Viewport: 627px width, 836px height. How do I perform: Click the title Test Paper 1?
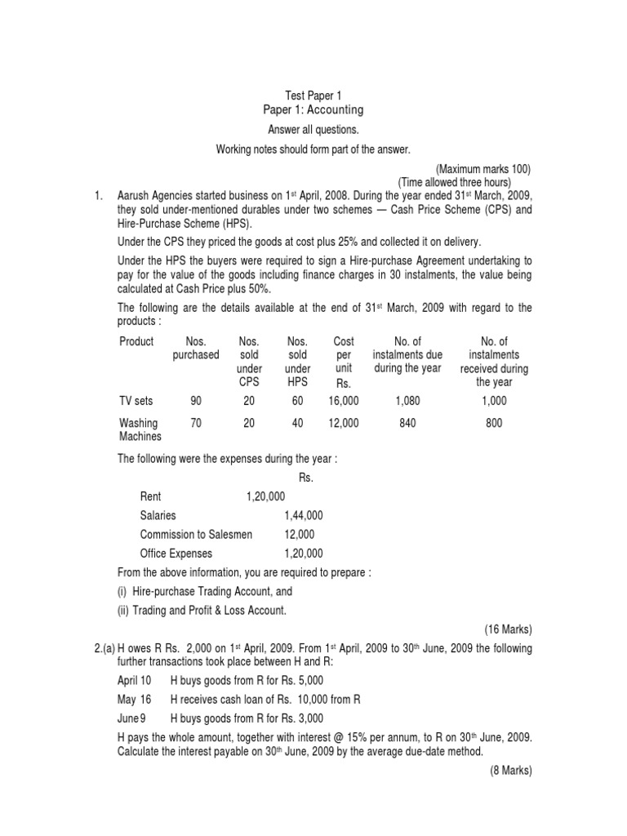pyautogui.click(x=313, y=96)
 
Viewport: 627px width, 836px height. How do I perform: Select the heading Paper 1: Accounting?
pyautogui.click(x=313, y=110)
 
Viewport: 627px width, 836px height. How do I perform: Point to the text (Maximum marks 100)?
pyautogui.click(x=483, y=169)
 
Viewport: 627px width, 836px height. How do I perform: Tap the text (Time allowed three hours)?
pyautogui.click(x=454, y=182)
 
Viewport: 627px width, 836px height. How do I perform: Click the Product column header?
pyautogui.click(x=136, y=341)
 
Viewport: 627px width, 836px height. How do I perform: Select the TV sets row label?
pyautogui.click(x=136, y=401)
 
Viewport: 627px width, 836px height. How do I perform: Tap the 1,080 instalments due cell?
pyautogui.click(x=406, y=401)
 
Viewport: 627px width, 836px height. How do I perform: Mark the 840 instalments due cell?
pyautogui.click(x=406, y=423)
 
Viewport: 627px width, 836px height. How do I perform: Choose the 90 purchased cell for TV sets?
pyautogui.click(x=195, y=401)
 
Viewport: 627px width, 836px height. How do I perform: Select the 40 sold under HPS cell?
pyautogui.click(x=297, y=423)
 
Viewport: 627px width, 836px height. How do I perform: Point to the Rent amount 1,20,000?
pyautogui.click(x=265, y=496)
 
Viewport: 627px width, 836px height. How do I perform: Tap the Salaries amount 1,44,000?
pyautogui.click(x=304, y=515)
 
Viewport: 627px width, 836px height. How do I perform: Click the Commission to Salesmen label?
pyautogui.click(x=196, y=534)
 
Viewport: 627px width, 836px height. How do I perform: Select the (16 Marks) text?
pyautogui.click(x=508, y=629)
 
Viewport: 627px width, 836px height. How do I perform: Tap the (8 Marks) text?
pyautogui.click(x=510, y=770)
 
